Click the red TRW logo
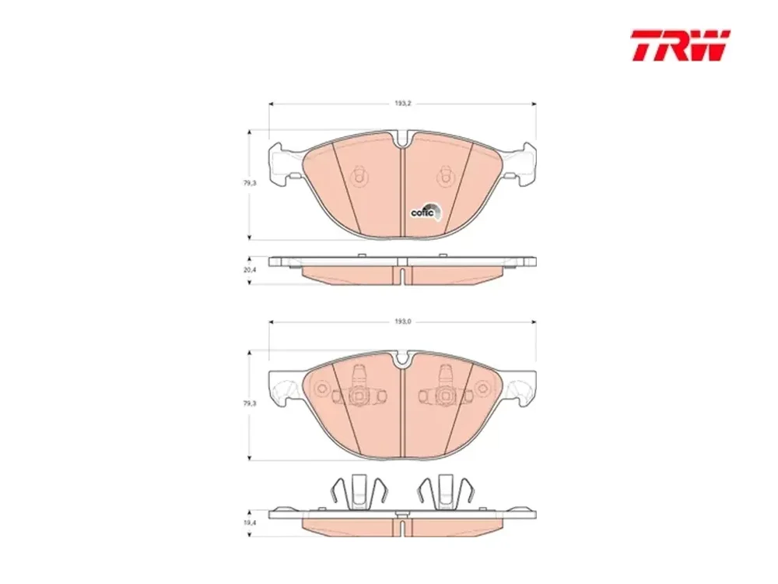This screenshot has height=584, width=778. [x=680, y=46]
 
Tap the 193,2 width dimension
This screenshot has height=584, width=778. [x=403, y=104]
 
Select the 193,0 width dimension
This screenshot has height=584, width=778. [x=403, y=322]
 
